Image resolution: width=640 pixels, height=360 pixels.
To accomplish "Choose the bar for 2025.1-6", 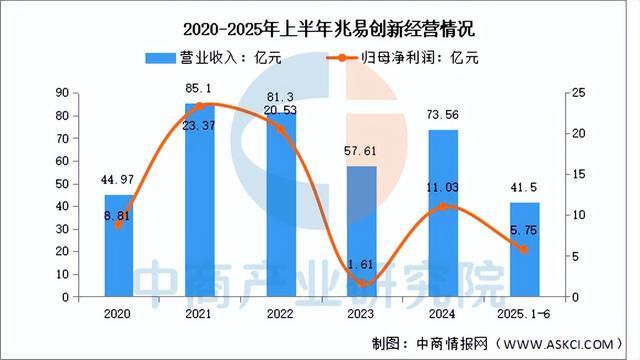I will click(524, 250).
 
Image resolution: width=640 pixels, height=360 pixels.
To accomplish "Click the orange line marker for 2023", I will click(362, 284).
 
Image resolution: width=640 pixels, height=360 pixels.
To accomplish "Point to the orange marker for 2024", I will click(443, 207).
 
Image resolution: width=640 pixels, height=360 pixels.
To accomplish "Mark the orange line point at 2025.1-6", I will click(524, 250).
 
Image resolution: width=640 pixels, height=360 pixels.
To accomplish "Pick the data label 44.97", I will click(118, 181).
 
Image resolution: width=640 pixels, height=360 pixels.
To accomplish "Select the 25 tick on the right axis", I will click(566, 93).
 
